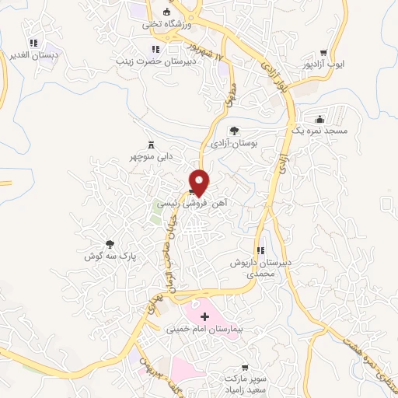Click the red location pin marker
click(x=200, y=183)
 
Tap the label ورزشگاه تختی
click(x=162, y=24)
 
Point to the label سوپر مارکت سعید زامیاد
click(x=246, y=381)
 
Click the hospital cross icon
click(x=204, y=316)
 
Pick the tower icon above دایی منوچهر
click(x=151, y=145)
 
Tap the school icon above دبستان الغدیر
click(x=33, y=44)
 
